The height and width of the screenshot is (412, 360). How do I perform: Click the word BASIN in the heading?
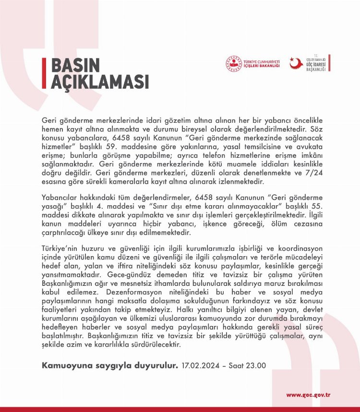point(75,66)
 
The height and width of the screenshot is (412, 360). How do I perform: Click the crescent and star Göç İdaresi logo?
point(297,63)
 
